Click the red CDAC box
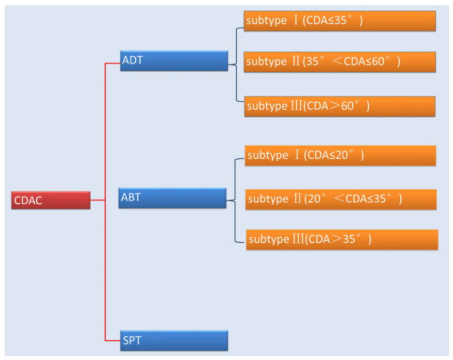coord(51,200)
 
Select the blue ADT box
coord(174,61)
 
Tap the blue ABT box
coord(173,198)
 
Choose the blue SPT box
coord(174,340)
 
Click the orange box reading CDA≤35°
coord(340,21)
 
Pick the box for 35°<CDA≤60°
coord(340,62)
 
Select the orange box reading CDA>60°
coord(340,106)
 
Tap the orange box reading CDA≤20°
coord(340,156)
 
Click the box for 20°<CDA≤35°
coord(341,200)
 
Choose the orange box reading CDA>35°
coord(342,240)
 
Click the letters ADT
coord(132,60)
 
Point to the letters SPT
coord(132,340)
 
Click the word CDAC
coord(28,200)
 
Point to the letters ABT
coord(131,197)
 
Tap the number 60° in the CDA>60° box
coord(350,106)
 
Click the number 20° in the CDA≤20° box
coord(344,155)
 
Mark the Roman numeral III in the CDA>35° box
coord(298,239)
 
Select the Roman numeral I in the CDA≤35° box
coord(295,20)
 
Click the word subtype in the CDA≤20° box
coord(268,155)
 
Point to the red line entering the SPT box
coord(113,340)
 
